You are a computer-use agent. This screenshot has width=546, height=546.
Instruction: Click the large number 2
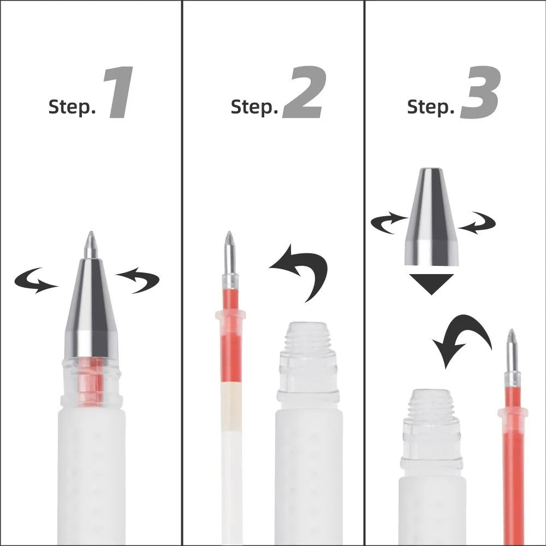pos(304,93)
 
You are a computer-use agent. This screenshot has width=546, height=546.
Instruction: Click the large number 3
pos(480,93)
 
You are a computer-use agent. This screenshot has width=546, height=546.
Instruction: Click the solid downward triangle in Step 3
pos(431,283)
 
